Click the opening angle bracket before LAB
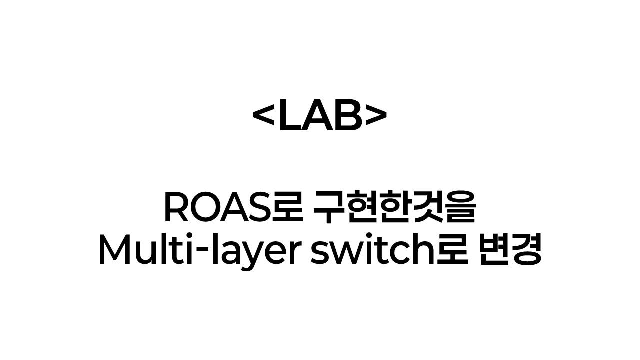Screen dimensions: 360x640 tap(264, 119)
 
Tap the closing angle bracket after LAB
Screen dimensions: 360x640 tap(375, 119)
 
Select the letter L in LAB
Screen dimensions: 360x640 tap(290, 119)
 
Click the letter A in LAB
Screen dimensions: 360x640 tap(318, 119)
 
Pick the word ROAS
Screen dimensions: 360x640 tap(216, 209)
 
